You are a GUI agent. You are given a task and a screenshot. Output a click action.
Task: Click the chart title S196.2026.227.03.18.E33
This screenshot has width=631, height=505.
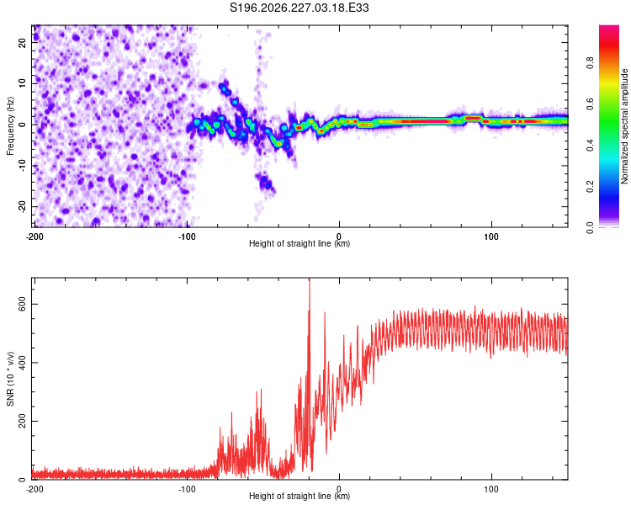[299, 8]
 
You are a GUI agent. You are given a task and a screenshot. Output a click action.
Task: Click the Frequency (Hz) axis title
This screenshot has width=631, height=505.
[10, 126]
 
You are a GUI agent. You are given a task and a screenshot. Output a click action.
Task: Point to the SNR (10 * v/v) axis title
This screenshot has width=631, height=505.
[10, 379]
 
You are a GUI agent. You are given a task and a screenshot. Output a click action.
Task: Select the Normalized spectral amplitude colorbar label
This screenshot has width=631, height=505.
[624, 126]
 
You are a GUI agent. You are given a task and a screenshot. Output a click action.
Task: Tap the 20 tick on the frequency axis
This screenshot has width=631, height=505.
[22, 43]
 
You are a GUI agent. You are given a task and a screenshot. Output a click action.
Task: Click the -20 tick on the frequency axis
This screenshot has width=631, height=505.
[22, 207]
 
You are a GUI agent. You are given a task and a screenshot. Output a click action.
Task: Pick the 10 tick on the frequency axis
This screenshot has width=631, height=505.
[22, 84]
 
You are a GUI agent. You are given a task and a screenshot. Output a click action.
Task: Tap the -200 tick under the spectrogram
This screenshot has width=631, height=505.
[34, 237]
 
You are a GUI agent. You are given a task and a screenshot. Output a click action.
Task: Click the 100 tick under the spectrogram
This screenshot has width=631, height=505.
[491, 237]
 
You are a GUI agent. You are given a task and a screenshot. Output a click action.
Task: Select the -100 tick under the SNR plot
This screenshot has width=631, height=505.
[187, 489]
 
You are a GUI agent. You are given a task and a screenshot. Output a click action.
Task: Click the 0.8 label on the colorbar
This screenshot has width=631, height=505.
[590, 63]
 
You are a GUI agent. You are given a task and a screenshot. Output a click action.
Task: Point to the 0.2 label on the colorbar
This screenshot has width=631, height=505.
[590, 186]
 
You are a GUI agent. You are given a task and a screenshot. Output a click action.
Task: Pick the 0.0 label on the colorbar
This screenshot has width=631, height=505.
[590, 227]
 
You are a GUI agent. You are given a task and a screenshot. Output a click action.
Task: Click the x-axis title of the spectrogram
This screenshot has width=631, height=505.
[300, 243]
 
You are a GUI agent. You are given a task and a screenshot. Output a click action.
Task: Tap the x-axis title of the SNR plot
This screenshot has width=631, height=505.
[300, 496]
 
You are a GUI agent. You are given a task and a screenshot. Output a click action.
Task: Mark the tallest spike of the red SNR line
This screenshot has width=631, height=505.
[310, 279]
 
